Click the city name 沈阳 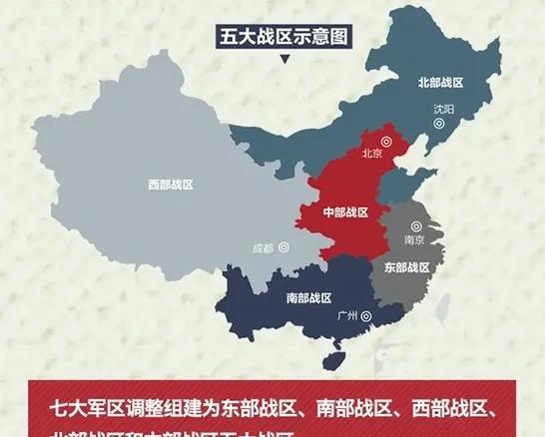pyautogui.click(x=441, y=108)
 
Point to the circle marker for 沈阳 pyautogui.click(x=439, y=123)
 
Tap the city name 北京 pyautogui.click(x=370, y=154)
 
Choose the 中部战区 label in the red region pyautogui.click(x=344, y=213)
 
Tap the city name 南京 pyautogui.click(x=413, y=240)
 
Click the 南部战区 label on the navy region pyautogui.click(x=308, y=297)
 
